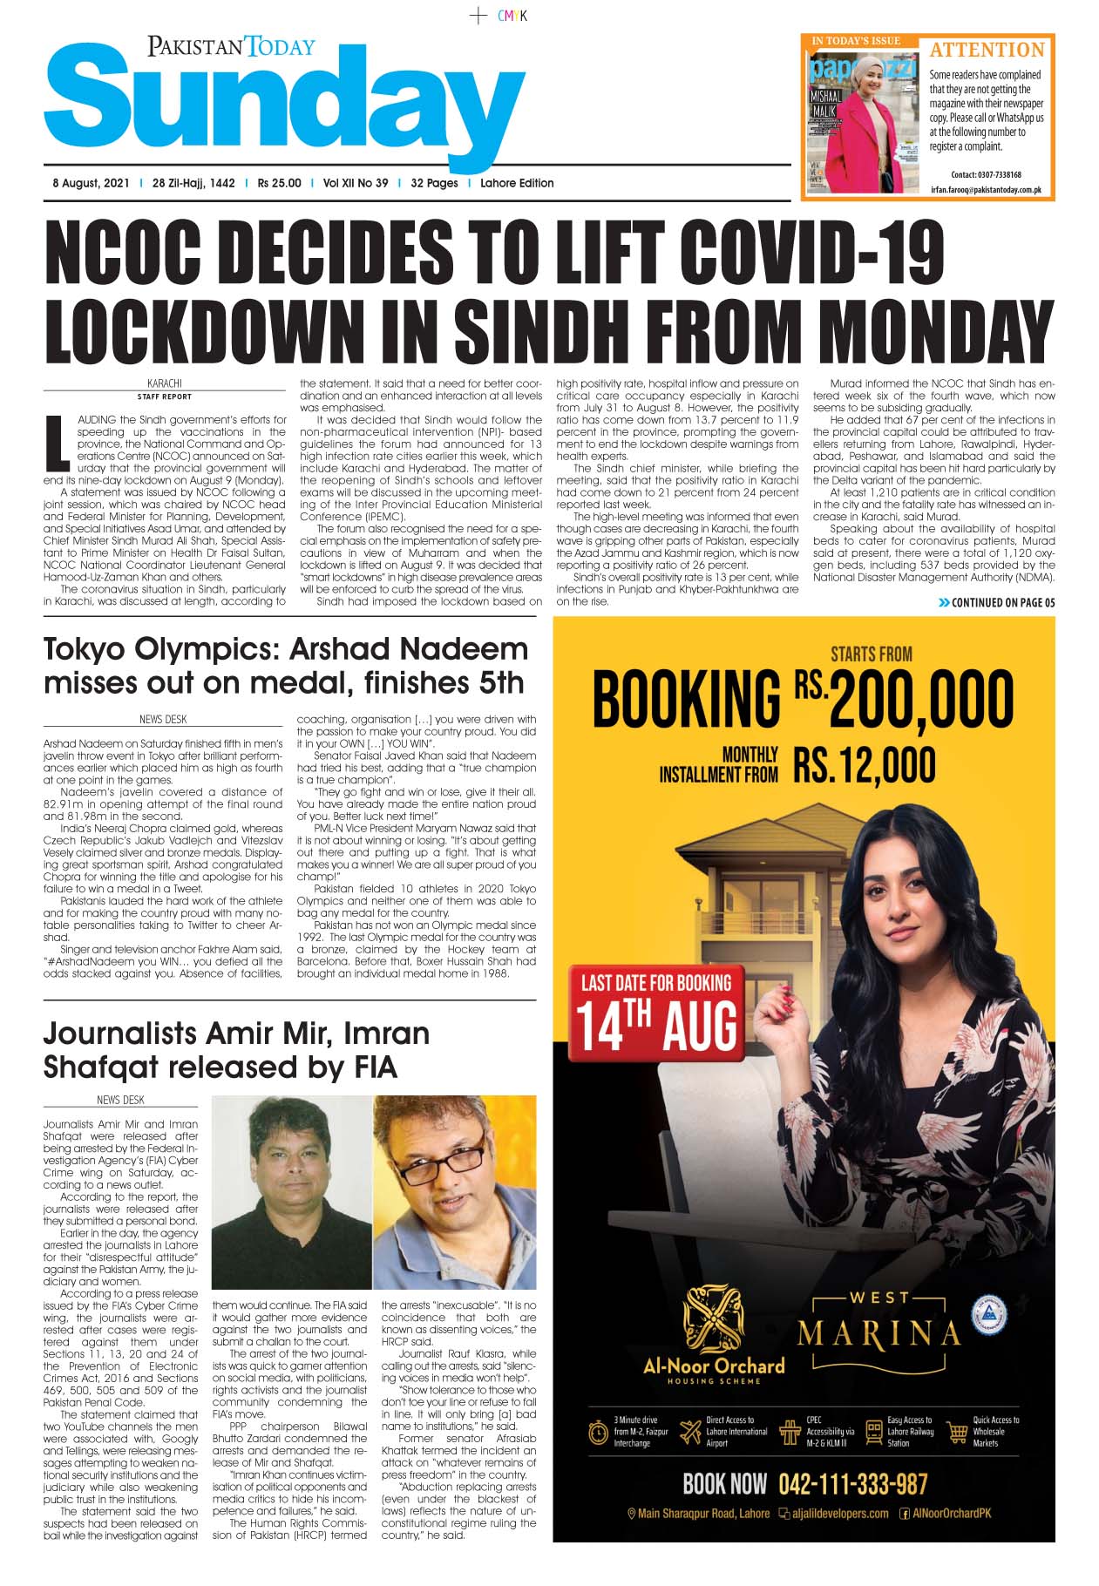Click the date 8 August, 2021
91,183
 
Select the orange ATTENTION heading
987,50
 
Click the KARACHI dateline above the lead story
165,383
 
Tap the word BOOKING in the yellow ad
687,699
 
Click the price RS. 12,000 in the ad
864,765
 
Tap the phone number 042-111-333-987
852,1484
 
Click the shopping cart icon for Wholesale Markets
958,1431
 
